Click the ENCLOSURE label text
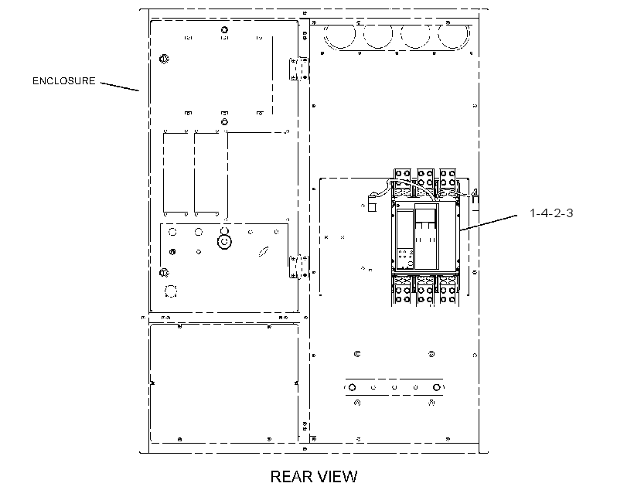[64, 81]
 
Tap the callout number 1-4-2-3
[551, 213]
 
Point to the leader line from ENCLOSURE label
[120, 87]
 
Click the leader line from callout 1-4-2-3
[489, 223]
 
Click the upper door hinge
[299, 69]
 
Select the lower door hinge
[299, 267]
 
